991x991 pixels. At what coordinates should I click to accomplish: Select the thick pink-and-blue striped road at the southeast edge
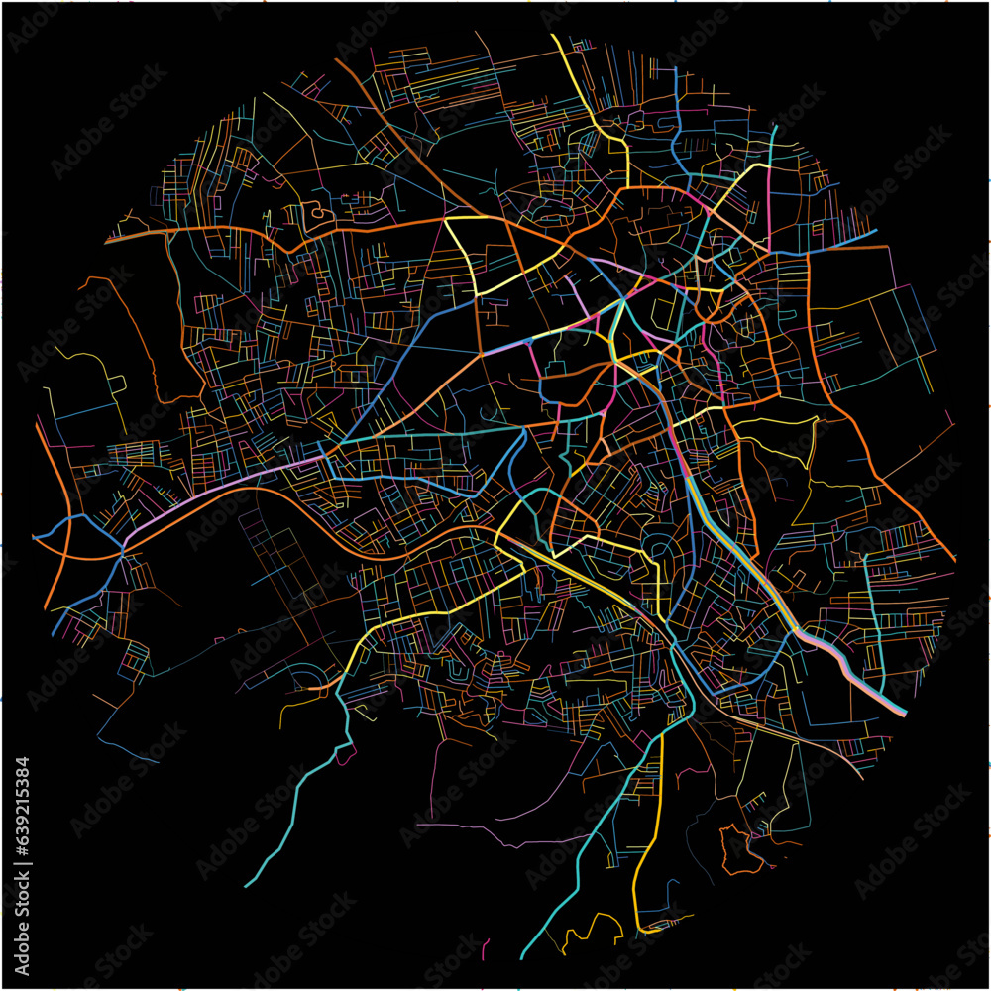(x=852, y=670)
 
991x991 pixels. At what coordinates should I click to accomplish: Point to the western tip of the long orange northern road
(x=106, y=241)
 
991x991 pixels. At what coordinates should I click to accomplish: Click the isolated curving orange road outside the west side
(x=139, y=337)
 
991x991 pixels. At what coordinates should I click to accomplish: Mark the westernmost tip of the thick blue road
(x=35, y=536)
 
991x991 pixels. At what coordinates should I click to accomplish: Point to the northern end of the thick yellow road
(x=553, y=37)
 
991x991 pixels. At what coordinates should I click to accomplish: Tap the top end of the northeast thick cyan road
(x=775, y=127)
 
